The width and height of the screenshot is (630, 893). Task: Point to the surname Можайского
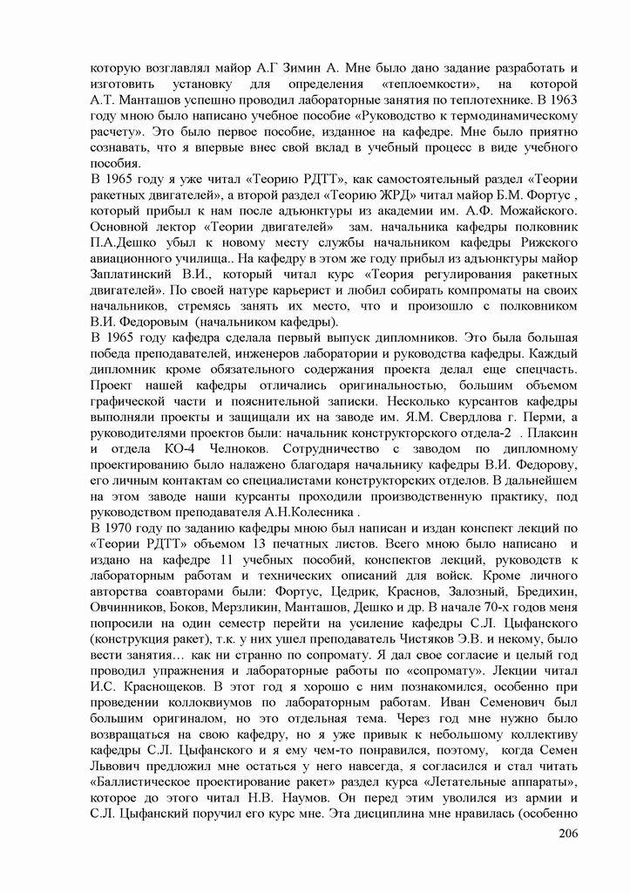[x=532, y=212]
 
